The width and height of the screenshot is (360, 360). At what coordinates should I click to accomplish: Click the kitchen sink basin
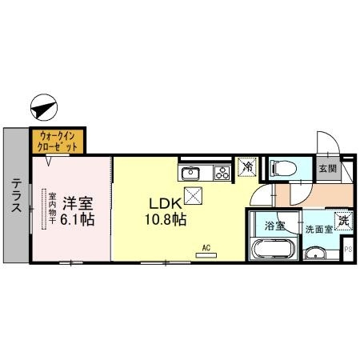click(190, 172)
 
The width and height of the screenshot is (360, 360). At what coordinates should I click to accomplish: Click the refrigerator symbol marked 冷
click(247, 168)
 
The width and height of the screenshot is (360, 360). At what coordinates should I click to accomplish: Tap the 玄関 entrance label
click(328, 169)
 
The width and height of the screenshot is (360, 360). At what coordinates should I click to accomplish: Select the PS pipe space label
click(348, 250)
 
